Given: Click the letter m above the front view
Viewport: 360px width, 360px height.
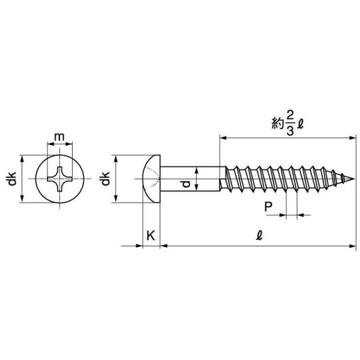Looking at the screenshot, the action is pyautogui.click(x=59, y=137).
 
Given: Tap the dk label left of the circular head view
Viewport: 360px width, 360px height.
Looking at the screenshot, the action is pyautogui.click(x=12, y=178).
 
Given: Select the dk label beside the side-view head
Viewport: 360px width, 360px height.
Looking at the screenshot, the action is pyautogui.click(x=105, y=178).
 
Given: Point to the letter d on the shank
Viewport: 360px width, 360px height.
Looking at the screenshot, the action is pyautogui.click(x=187, y=184).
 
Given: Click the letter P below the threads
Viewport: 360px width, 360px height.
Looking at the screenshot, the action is pyautogui.click(x=268, y=206).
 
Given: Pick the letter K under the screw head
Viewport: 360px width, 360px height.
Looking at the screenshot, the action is pyautogui.click(x=151, y=236).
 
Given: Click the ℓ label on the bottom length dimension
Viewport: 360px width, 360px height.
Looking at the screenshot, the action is pyautogui.click(x=259, y=235).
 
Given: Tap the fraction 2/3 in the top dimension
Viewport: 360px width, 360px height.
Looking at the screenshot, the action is pyautogui.click(x=290, y=124).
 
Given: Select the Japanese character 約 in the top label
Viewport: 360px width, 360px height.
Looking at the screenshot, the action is pyautogui.click(x=278, y=124).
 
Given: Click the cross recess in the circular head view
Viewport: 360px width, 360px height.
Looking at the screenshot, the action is pyautogui.click(x=59, y=179).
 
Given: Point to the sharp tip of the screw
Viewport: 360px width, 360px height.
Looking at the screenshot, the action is pyautogui.click(x=355, y=179).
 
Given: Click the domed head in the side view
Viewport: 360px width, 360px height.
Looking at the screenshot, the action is pyautogui.click(x=152, y=179).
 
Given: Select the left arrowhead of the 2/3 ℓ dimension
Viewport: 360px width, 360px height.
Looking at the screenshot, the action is pyautogui.click(x=223, y=138).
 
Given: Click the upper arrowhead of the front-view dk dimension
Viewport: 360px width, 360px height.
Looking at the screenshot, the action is pyautogui.click(x=22, y=158).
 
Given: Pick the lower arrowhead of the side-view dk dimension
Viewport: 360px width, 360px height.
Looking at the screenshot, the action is pyautogui.click(x=116, y=199).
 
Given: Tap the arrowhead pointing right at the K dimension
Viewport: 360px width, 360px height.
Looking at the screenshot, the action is pyautogui.click(x=139, y=246).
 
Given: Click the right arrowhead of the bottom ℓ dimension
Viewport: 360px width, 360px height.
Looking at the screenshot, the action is pyautogui.click(x=352, y=246).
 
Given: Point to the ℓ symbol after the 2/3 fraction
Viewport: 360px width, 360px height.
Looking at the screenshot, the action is pyautogui.click(x=300, y=124).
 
